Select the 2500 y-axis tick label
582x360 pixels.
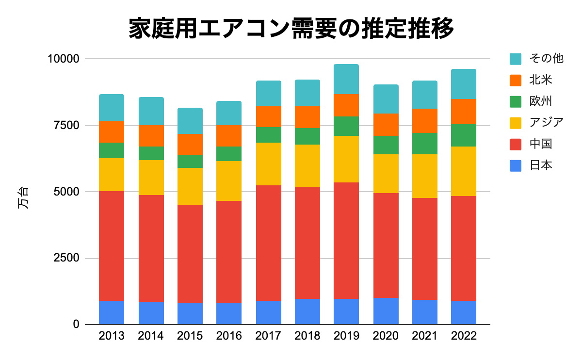[x=65, y=258]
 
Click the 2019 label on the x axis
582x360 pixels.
[x=346, y=336]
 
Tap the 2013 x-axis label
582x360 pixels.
[x=112, y=336]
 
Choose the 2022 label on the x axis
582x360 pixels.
[x=464, y=336]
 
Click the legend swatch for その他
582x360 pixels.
[x=516, y=59]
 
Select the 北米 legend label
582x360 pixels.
[x=541, y=80]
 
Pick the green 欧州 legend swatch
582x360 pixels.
[x=516, y=101]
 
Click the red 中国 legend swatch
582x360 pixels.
[x=516, y=144]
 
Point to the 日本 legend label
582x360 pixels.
[x=541, y=165]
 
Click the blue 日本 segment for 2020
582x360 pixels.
[x=386, y=311]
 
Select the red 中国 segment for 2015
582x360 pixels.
[x=190, y=254]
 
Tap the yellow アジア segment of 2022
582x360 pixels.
[x=464, y=171]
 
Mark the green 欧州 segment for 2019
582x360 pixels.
[x=346, y=126]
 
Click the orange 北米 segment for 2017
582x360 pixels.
[x=269, y=116]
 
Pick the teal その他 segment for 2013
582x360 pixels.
[x=112, y=108]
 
